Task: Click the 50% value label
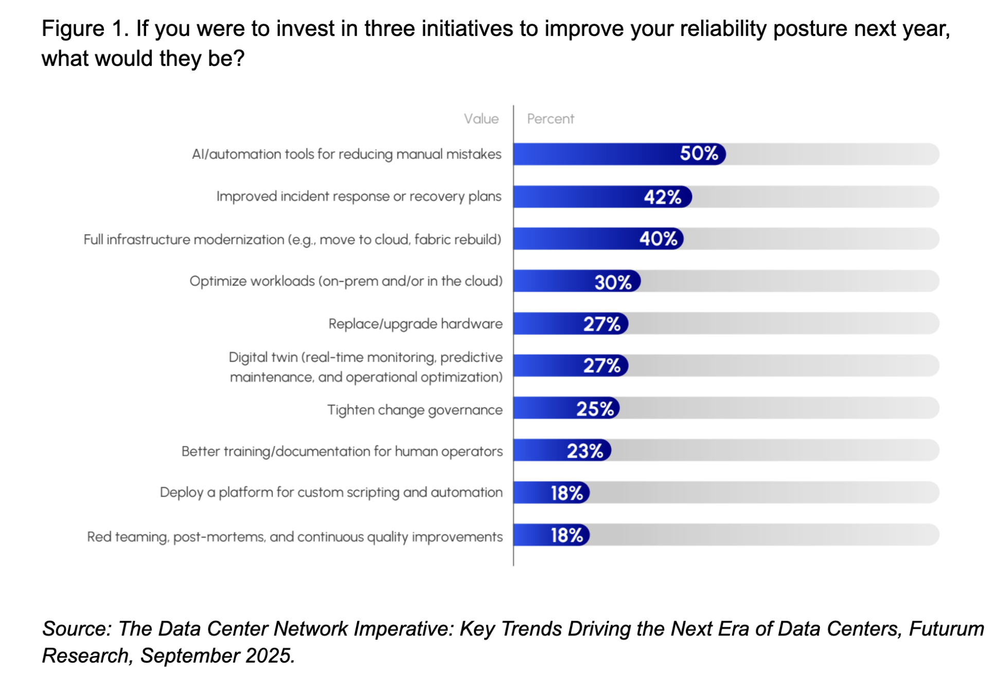(x=699, y=153)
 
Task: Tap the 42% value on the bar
(x=663, y=197)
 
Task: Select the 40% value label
(x=658, y=239)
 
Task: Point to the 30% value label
(x=613, y=282)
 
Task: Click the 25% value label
(x=595, y=408)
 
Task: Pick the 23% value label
(x=584, y=451)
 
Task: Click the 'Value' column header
(x=481, y=119)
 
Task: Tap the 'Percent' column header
(x=550, y=119)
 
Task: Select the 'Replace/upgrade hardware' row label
(x=415, y=324)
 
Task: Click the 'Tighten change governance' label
(x=415, y=410)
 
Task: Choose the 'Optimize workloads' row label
(x=346, y=281)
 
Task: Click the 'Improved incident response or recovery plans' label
(x=359, y=197)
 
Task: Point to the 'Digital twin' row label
(x=365, y=367)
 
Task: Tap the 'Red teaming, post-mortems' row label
(x=295, y=537)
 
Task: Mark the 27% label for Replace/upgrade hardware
(x=601, y=324)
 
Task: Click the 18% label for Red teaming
(x=566, y=536)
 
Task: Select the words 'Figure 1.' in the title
(x=85, y=29)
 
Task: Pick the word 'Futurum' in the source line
(x=946, y=629)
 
